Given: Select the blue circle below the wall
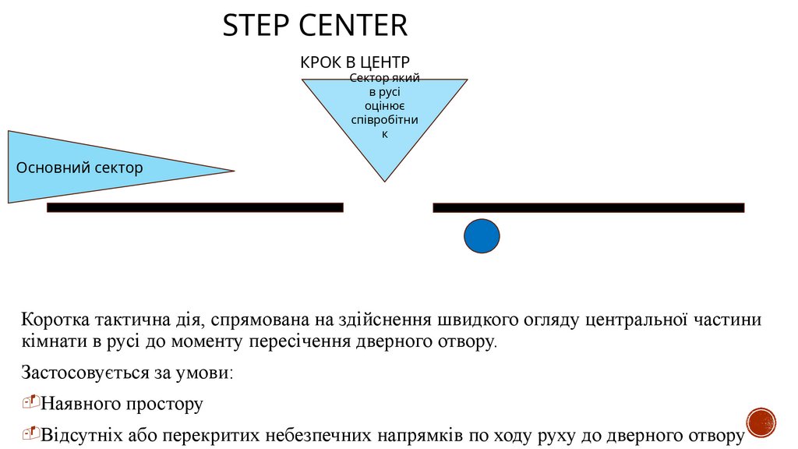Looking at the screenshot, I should coord(482,236).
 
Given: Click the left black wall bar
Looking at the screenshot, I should coord(195,207).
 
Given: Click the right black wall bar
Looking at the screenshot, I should coord(588,207).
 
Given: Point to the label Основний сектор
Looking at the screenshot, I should coord(79,168).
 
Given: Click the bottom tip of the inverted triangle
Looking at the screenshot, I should coord(384,181).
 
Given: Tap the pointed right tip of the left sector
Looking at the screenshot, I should coord(232,171).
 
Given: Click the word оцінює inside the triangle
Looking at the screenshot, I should coord(383,107).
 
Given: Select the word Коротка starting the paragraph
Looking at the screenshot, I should coord(56,320).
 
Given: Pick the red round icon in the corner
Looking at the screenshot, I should coord(761,422).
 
